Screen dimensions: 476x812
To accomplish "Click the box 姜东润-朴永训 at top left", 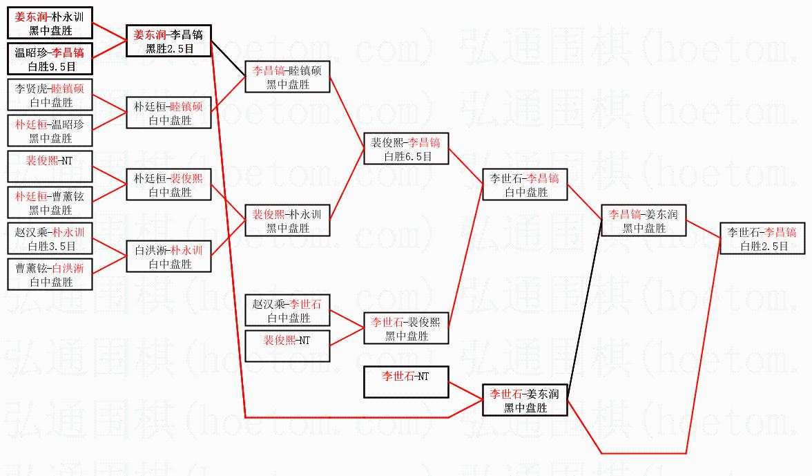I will click(50, 23).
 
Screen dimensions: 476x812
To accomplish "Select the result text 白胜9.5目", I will click(50, 67).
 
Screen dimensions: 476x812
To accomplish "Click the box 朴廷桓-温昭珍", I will click(50, 131).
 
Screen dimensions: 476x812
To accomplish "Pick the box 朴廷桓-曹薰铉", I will click(50, 202).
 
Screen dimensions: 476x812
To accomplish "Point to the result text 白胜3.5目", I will click(50, 245).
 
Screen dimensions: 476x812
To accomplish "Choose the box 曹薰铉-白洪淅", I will click(50, 274).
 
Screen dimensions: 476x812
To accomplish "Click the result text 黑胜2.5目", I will click(168, 49).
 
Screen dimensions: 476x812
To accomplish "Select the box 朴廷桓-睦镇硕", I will click(168, 113).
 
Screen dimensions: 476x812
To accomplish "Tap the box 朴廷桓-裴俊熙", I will click(168, 184).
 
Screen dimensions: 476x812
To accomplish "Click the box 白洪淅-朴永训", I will click(168, 256).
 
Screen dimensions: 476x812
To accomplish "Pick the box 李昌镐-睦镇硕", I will click(287, 77).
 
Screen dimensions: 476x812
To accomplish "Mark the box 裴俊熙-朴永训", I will click(287, 220).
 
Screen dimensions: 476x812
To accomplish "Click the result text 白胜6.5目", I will click(407, 157).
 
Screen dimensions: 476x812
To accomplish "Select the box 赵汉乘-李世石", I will click(287, 310).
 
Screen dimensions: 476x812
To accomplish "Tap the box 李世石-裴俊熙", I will click(406, 328).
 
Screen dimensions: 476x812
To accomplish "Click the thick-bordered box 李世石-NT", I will click(406, 382).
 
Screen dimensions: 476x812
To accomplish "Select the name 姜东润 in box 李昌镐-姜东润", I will click(662, 214).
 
